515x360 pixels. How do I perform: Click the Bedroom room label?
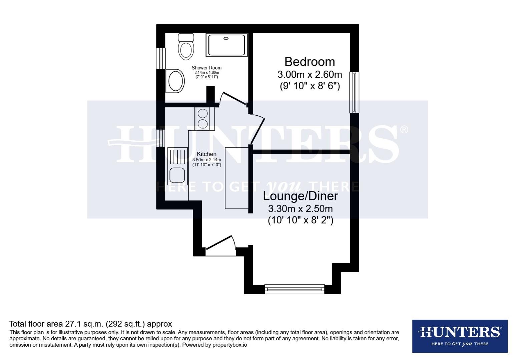[x=310, y=62]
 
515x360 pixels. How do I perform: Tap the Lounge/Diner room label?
[x=300, y=196]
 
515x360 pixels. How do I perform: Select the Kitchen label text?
[x=206, y=154]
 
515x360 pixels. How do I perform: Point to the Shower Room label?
[x=206, y=68]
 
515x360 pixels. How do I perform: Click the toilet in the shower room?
[x=186, y=47]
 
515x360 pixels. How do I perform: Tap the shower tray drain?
[x=226, y=38]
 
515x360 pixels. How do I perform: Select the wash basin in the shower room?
[x=175, y=81]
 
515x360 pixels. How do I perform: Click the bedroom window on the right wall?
[x=354, y=92]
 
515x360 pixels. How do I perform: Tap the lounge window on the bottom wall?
[x=295, y=289]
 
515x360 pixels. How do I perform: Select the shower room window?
[x=161, y=58]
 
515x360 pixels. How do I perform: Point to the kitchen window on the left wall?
[x=161, y=138]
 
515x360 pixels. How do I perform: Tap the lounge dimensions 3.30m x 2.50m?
[x=300, y=209]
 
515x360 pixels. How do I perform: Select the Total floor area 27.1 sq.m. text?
[x=90, y=324]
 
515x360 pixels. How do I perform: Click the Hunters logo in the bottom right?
[x=460, y=336]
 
